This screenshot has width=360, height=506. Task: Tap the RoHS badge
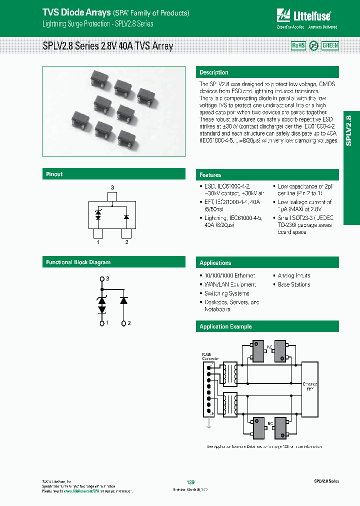click(x=298, y=45)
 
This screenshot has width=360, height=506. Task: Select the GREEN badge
click(x=330, y=45)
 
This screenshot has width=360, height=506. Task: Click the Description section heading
click(x=214, y=72)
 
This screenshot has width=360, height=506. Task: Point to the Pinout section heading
click(x=54, y=174)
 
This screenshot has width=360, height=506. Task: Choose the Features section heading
click(x=210, y=175)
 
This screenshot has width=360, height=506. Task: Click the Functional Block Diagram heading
click(x=78, y=262)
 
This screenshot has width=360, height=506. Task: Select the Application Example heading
click(x=225, y=326)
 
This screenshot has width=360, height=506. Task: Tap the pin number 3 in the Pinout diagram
click(x=112, y=187)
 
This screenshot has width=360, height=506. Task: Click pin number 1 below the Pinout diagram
click(x=98, y=242)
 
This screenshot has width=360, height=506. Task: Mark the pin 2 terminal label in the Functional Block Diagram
click(x=129, y=323)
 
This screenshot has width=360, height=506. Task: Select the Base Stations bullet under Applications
click(x=293, y=284)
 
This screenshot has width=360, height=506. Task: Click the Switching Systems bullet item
click(x=226, y=293)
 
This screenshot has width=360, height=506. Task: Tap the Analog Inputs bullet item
click(x=293, y=275)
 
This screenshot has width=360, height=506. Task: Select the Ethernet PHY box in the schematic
click(x=310, y=386)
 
